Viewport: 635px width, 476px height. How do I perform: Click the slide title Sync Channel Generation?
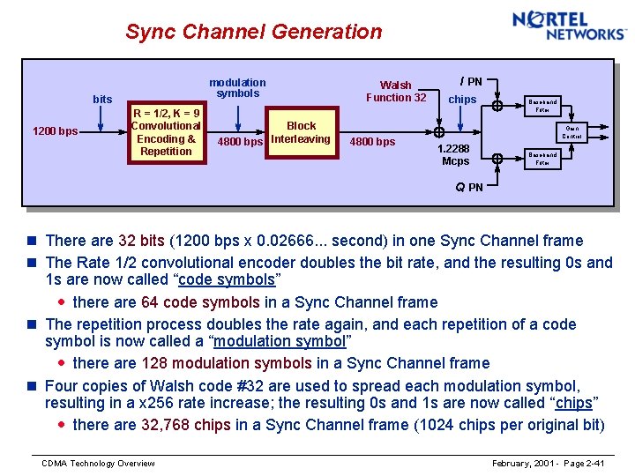click(253, 32)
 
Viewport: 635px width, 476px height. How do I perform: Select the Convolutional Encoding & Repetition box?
click(166, 132)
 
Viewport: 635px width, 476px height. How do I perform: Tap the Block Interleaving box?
click(301, 132)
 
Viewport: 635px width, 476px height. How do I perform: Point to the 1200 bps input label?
click(55, 132)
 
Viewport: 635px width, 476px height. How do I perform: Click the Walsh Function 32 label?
click(396, 91)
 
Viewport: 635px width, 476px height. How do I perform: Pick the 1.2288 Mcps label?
click(455, 155)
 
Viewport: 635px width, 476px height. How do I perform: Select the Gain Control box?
click(571, 132)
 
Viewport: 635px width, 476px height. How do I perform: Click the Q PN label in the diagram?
click(469, 187)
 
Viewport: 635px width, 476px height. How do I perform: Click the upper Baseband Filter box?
click(542, 106)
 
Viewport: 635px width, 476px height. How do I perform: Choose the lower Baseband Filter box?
click(542, 159)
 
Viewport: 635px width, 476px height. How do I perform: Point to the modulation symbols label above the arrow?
click(237, 87)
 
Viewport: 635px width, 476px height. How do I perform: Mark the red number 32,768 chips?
click(186, 425)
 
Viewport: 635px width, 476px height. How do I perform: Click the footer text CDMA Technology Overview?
click(99, 464)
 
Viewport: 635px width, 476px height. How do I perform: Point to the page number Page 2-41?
click(581, 464)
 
